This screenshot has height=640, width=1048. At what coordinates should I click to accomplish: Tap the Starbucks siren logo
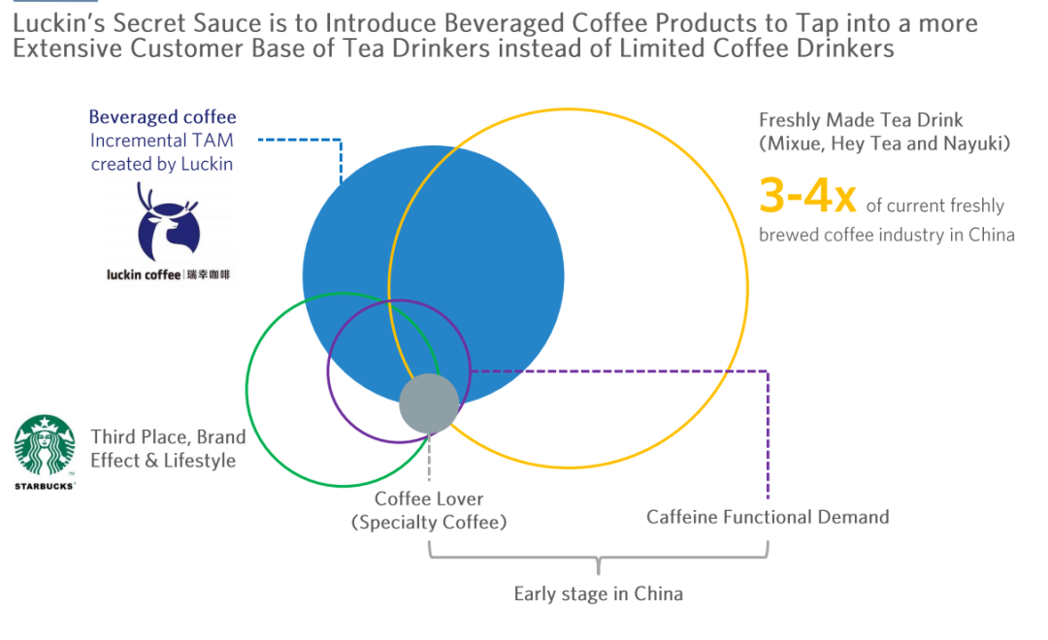point(45,446)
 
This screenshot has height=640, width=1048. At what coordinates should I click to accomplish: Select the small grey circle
point(429,403)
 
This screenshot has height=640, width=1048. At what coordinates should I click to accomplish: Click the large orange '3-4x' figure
point(807,197)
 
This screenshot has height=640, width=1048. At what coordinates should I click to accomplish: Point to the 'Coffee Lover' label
point(429,499)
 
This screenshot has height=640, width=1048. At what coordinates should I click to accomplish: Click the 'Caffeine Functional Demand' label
point(768,517)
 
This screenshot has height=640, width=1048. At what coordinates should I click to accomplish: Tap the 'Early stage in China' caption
point(598,593)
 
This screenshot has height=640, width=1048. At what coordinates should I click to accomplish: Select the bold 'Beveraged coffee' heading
point(162,117)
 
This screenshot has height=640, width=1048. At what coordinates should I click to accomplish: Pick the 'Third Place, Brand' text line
point(168,436)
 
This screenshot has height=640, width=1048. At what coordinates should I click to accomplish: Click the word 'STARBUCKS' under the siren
point(45,485)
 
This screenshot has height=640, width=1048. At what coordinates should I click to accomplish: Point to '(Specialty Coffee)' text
point(429,523)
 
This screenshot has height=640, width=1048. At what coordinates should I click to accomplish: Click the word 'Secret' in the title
point(144,23)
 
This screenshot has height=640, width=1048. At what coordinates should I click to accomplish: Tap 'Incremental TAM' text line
point(162,141)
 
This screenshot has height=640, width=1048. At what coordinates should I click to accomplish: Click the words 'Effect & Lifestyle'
point(163,461)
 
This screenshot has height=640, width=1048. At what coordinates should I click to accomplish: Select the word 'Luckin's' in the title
point(53,23)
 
